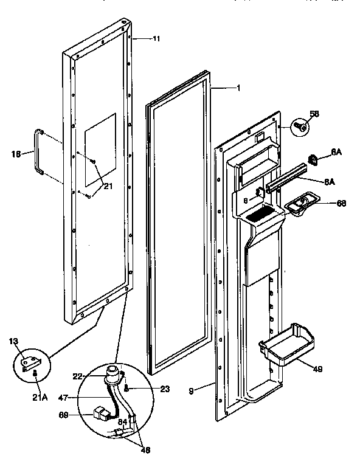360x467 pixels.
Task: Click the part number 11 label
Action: [156, 38]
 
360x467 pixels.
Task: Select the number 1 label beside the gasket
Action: [238, 88]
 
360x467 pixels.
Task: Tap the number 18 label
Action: [16, 154]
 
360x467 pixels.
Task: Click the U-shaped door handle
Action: [39, 151]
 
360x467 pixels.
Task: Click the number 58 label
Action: [314, 113]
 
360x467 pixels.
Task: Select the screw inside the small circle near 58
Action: [300, 126]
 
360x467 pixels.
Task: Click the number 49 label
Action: [319, 368]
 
